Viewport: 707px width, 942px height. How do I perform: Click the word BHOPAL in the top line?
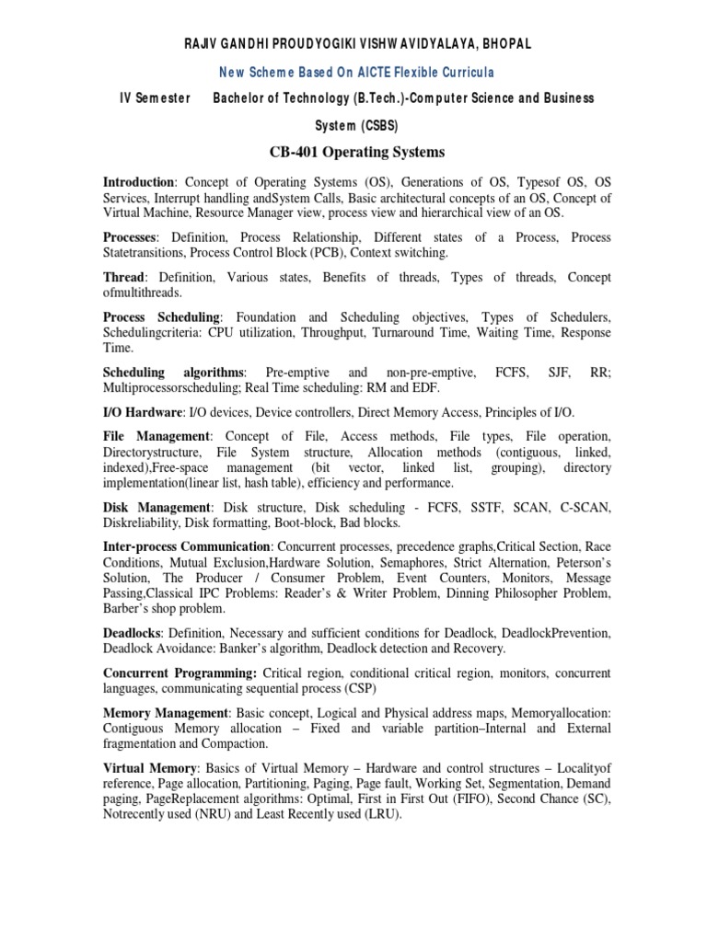coord(504,43)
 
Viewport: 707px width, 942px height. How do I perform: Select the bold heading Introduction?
coord(138,183)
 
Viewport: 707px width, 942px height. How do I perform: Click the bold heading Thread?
coord(123,278)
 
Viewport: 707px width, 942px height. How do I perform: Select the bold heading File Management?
coord(156,438)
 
